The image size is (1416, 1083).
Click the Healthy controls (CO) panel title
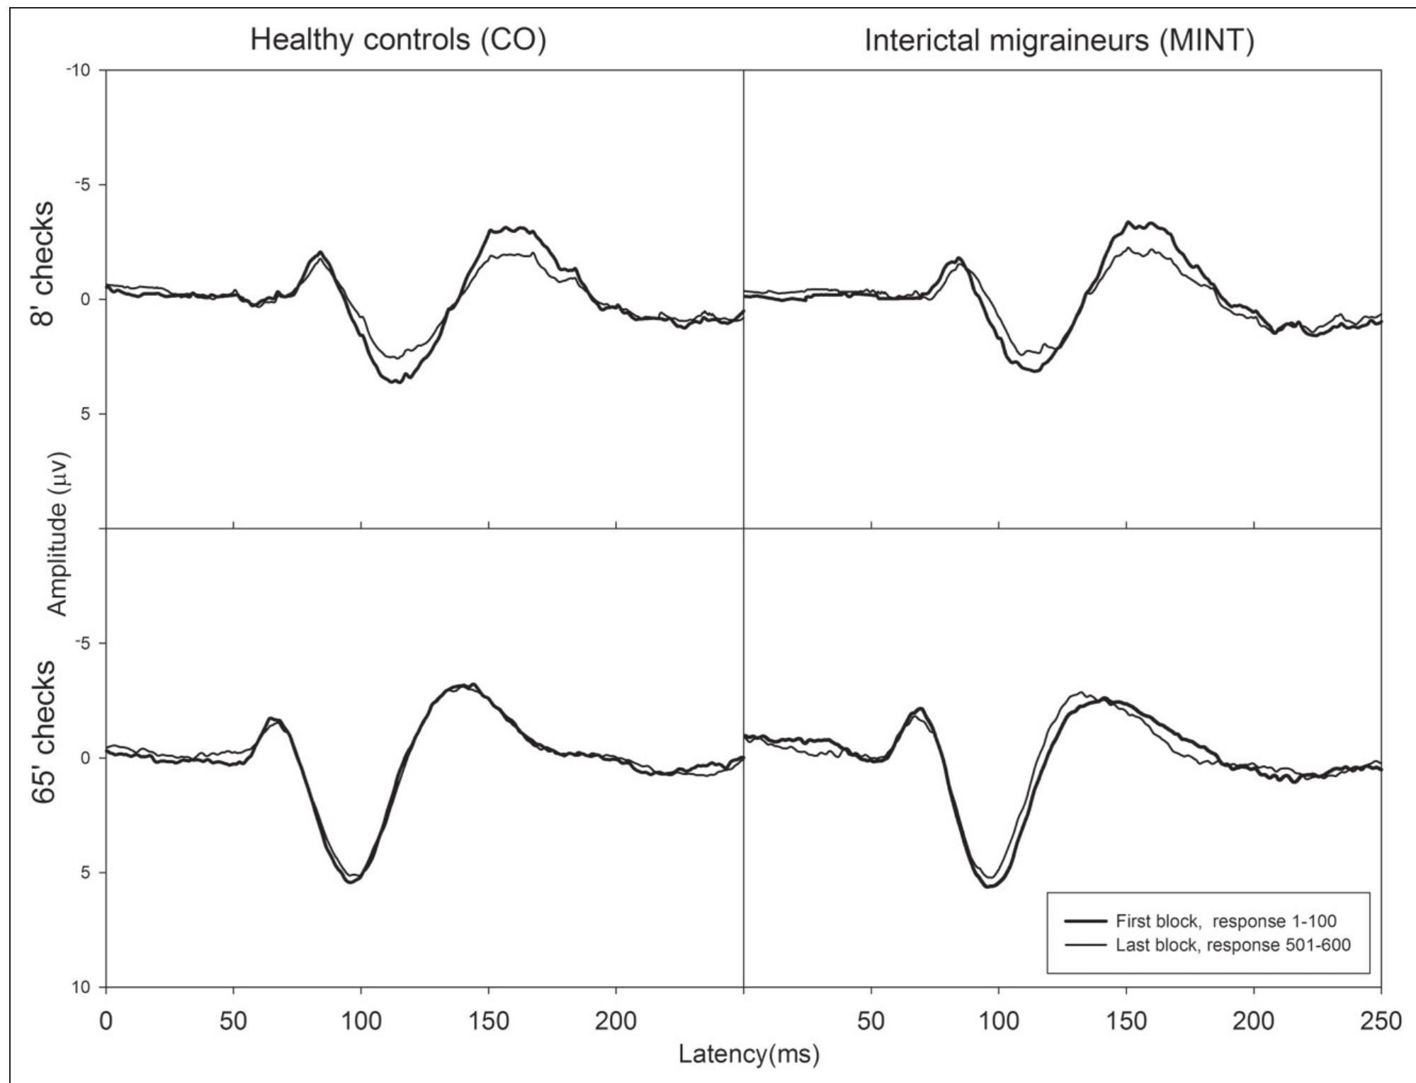pyautogui.click(x=398, y=40)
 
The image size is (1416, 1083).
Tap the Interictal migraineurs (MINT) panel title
pyautogui.click(x=1059, y=41)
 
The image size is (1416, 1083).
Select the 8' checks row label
pyautogui.click(x=42, y=263)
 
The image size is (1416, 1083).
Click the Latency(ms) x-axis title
pyautogui.click(x=749, y=1054)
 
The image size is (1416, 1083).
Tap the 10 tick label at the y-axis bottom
pyautogui.click(x=84, y=987)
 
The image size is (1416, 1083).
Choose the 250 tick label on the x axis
pyautogui.click(x=1381, y=1021)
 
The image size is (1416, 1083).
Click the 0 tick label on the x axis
pyautogui.click(x=106, y=1021)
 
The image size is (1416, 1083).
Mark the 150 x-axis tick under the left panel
pyautogui.click(x=489, y=1021)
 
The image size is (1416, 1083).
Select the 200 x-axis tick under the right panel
pyautogui.click(x=1254, y=1021)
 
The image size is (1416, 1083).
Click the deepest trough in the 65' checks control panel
pyautogui.click(x=351, y=881)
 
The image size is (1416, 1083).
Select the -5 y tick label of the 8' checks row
pyautogui.click(x=84, y=185)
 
